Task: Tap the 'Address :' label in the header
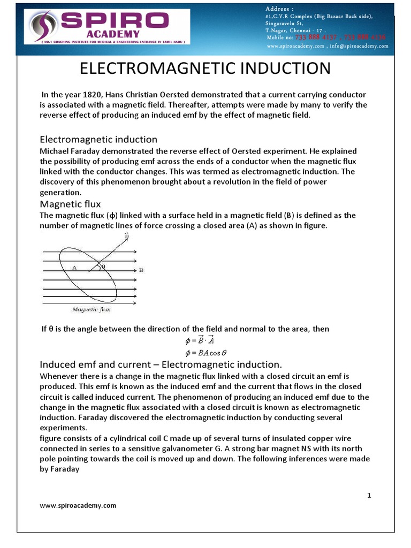279,9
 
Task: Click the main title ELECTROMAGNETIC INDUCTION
205,68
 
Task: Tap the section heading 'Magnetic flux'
71,204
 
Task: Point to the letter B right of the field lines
141,270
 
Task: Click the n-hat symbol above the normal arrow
127,235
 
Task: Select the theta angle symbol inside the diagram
103,266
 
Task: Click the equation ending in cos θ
199,353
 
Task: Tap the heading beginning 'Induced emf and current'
161,364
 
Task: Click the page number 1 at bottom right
369,496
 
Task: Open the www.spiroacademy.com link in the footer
78,505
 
